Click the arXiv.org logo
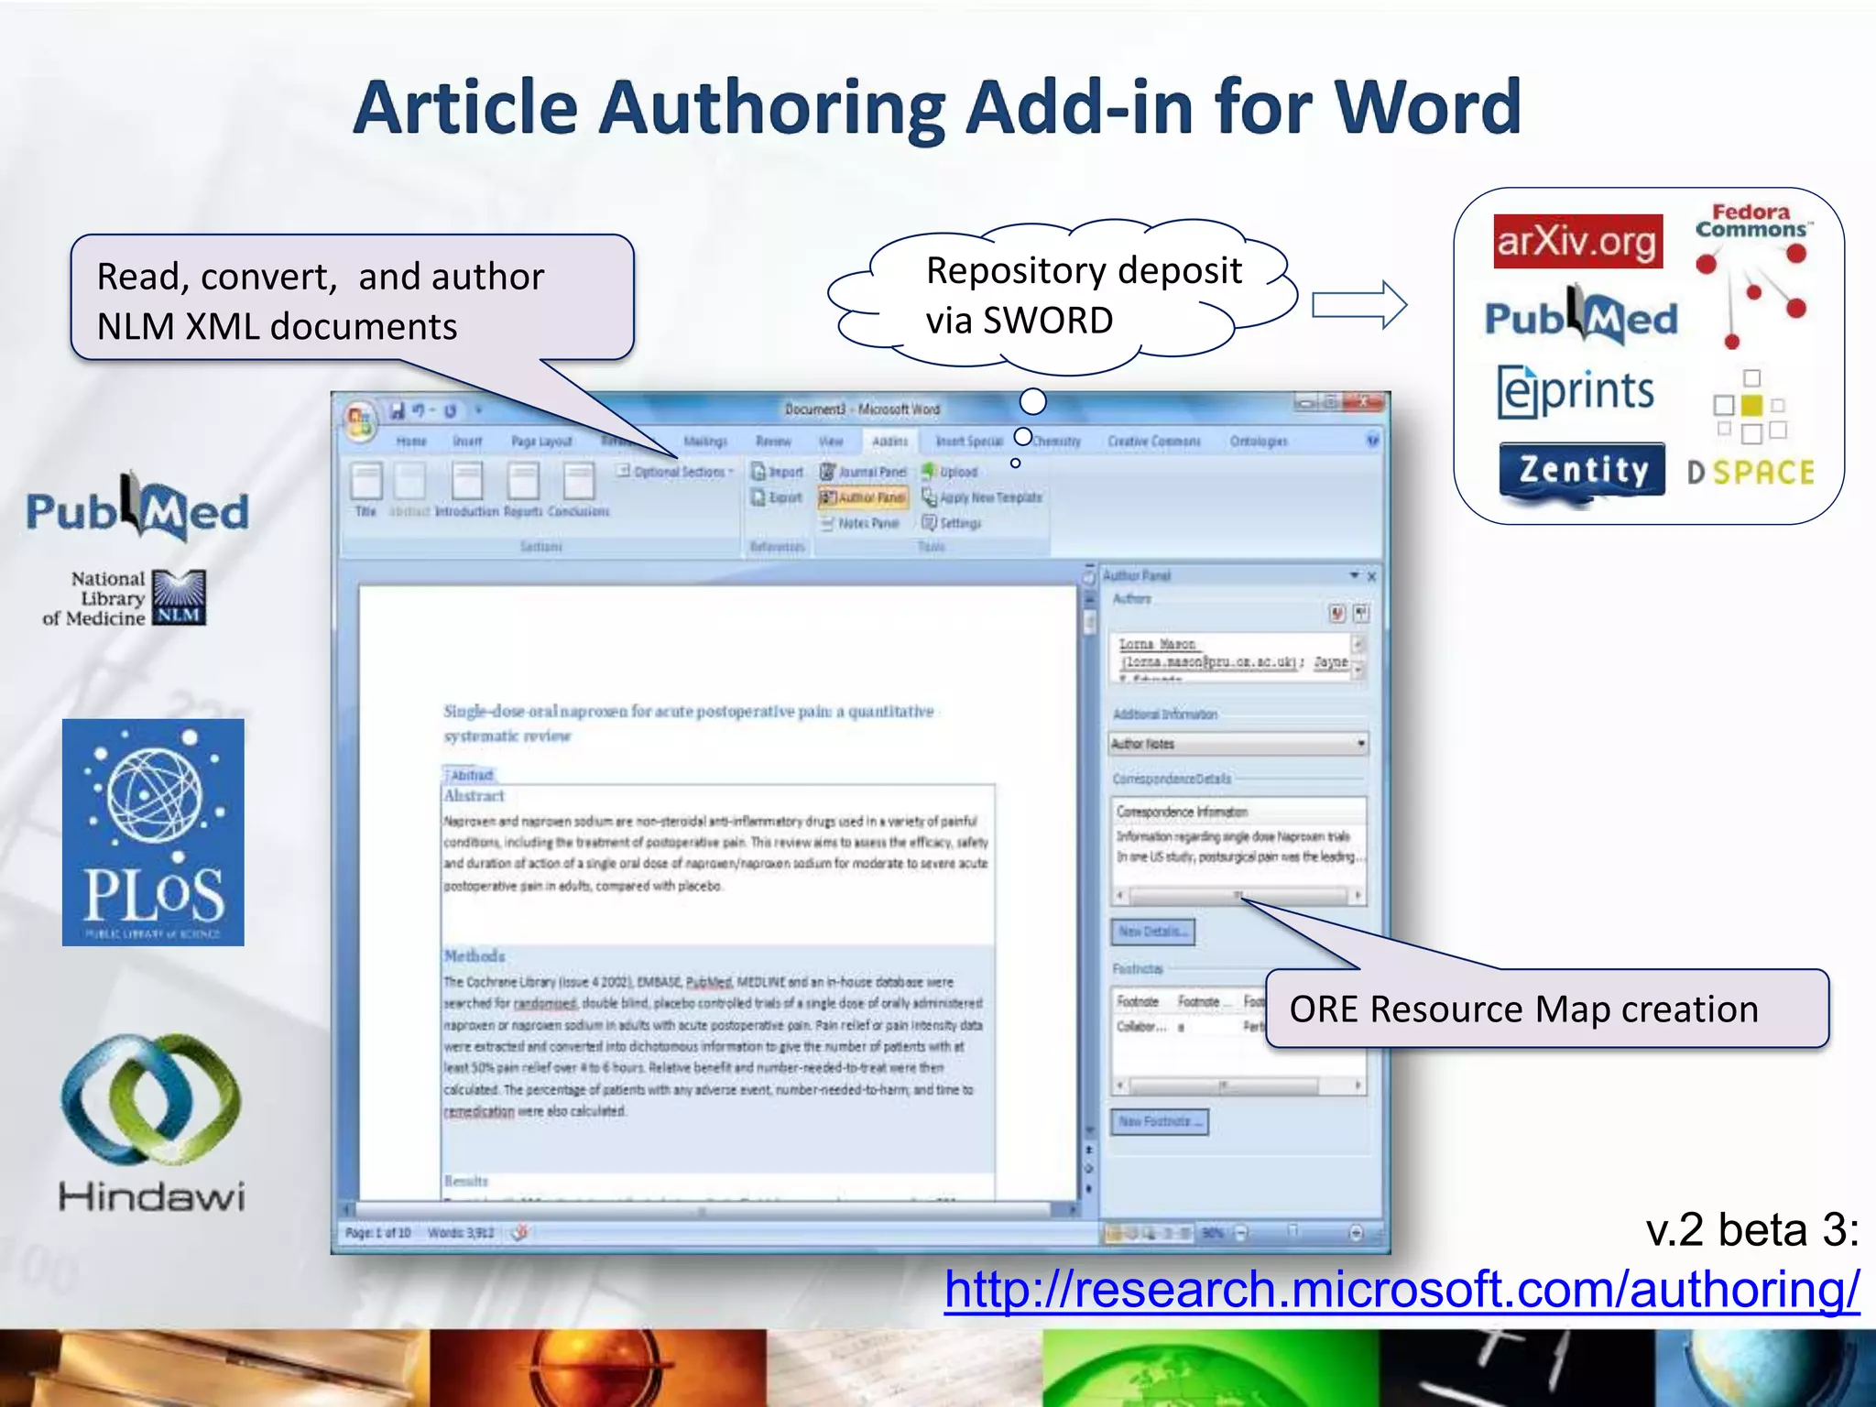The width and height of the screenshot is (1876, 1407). point(1576,242)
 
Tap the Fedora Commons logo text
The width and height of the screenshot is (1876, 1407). point(1751,221)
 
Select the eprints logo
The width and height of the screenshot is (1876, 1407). point(1576,392)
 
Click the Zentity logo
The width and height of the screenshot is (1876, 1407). point(1582,471)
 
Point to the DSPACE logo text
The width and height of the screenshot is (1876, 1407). point(1751,473)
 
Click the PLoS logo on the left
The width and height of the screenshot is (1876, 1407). point(153,832)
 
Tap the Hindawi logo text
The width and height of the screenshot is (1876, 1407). point(152,1196)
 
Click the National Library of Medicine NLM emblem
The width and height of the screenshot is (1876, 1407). point(179,597)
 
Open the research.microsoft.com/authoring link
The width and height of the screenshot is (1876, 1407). point(1402,1290)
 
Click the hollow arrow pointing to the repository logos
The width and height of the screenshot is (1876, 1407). point(1358,304)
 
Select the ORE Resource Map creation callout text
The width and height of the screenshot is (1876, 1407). point(1523,1009)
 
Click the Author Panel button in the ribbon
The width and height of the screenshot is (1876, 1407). point(863,497)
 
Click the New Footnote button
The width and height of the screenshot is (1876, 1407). point(1159,1121)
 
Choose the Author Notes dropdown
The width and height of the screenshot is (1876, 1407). point(1238,744)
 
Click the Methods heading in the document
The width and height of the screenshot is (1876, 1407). point(474,956)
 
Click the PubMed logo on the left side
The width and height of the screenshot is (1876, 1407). point(137,509)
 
